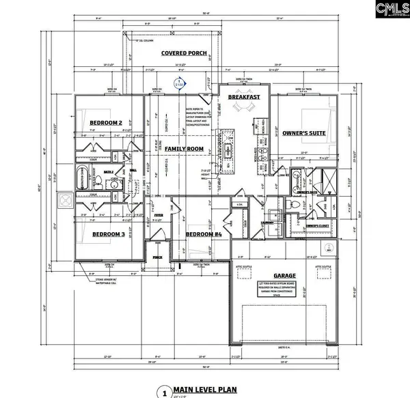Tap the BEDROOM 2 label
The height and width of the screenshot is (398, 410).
pos(105,123)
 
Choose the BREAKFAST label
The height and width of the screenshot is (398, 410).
pos(245,98)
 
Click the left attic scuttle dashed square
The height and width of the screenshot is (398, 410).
pos(243,275)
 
